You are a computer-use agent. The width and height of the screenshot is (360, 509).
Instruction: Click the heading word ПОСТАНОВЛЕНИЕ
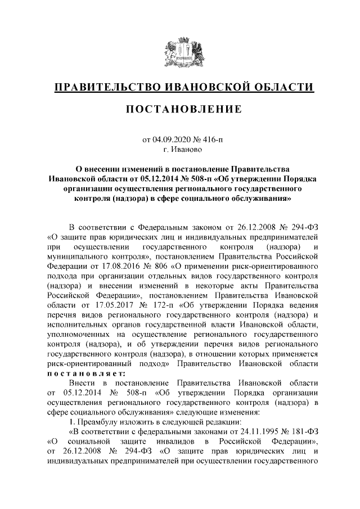179,108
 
